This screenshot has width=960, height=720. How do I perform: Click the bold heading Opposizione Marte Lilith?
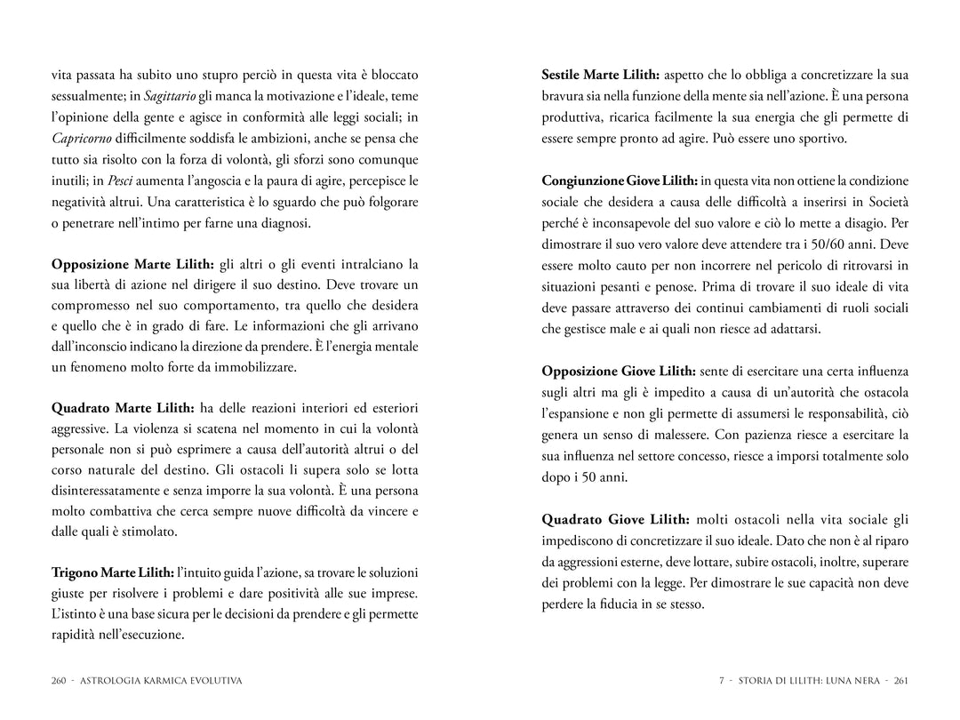point(132,264)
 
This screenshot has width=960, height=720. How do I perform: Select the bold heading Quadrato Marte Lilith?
point(124,408)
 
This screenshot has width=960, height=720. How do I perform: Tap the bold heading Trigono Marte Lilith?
point(113,572)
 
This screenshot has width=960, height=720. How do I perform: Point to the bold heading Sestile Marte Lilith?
point(601,75)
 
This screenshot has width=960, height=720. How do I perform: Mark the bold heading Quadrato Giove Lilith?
point(615,519)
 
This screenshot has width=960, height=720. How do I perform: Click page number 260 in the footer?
point(60,681)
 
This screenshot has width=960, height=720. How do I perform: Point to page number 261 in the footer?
point(900,681)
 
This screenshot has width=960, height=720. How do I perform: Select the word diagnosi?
point(283,222)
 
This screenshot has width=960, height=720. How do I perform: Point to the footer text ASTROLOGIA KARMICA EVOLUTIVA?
point(161,681)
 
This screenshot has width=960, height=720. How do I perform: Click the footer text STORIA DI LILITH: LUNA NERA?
point(806,681)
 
